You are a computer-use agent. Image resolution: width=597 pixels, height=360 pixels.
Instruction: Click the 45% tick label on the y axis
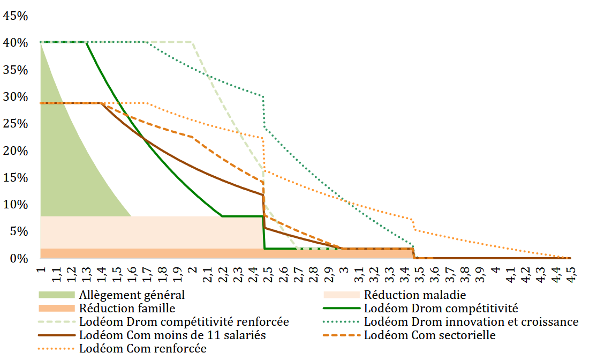pyautogui.click(x=16, y=16)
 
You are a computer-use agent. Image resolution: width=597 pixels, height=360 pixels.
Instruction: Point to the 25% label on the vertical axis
pyautogui.click(x=16, y=124)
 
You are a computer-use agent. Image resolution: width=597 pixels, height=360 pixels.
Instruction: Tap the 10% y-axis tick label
pyautogui.click(x=16, y=205)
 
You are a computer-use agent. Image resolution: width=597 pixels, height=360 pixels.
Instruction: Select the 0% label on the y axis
pyautogui.click(x=19, y=259)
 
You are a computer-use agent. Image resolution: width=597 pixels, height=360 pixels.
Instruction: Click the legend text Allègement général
pyautogui.click(x=132, y=295)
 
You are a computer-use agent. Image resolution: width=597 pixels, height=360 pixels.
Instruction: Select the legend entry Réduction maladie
pyautogui.click(x=415, y=295)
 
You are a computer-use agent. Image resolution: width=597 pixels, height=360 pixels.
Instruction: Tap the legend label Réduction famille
pyautogui.click(x=127, y=308)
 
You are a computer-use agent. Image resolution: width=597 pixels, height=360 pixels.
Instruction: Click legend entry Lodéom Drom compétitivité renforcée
pyautogui.click(x=184, y=322)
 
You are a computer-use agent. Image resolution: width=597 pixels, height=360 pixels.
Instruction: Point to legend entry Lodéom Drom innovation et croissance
pyautogui.click(x=471, y=322)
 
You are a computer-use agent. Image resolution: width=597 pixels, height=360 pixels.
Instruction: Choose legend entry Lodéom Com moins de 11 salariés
pyautogui.click(x=172, y=335)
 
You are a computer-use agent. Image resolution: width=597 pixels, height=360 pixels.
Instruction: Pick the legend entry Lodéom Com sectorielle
pyautogui.click(x=429, y=335)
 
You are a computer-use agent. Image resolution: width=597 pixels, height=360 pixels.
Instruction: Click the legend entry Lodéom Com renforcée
pyautogui.click(x=142, y=349)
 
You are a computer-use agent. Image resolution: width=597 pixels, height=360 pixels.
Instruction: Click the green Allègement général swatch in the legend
pyautogui.click(x=56, y=295)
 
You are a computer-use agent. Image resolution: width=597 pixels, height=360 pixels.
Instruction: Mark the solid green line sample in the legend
pyautogui.click(x=341, y=308)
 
